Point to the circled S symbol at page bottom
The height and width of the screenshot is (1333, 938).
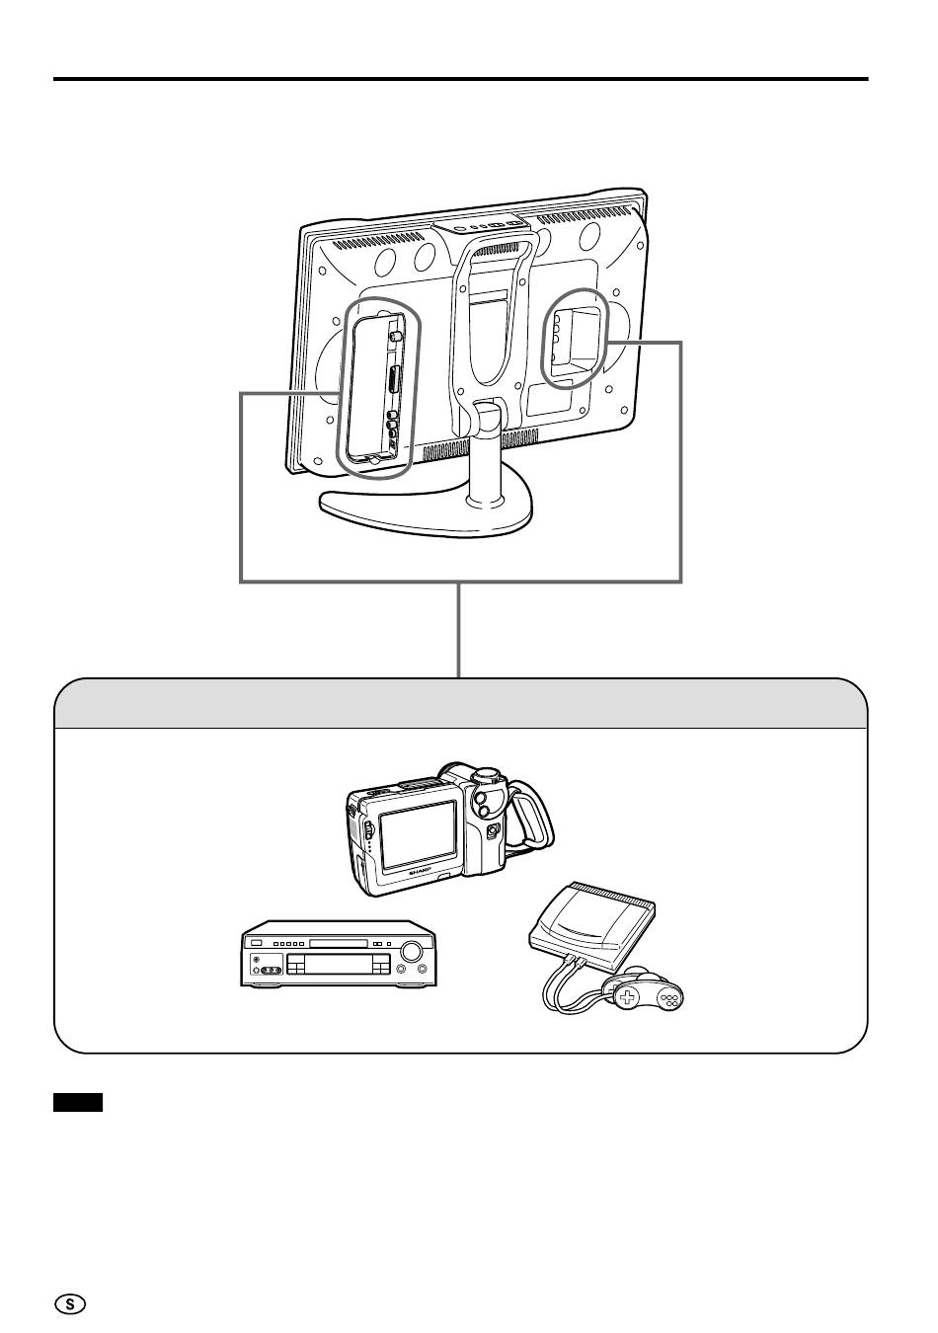tap(69, 1303)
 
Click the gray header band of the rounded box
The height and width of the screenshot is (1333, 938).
tap(460, 704)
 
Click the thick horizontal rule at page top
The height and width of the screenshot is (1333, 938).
tap(460, 79)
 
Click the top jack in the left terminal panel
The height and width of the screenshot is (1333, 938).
tap(395, 336)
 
